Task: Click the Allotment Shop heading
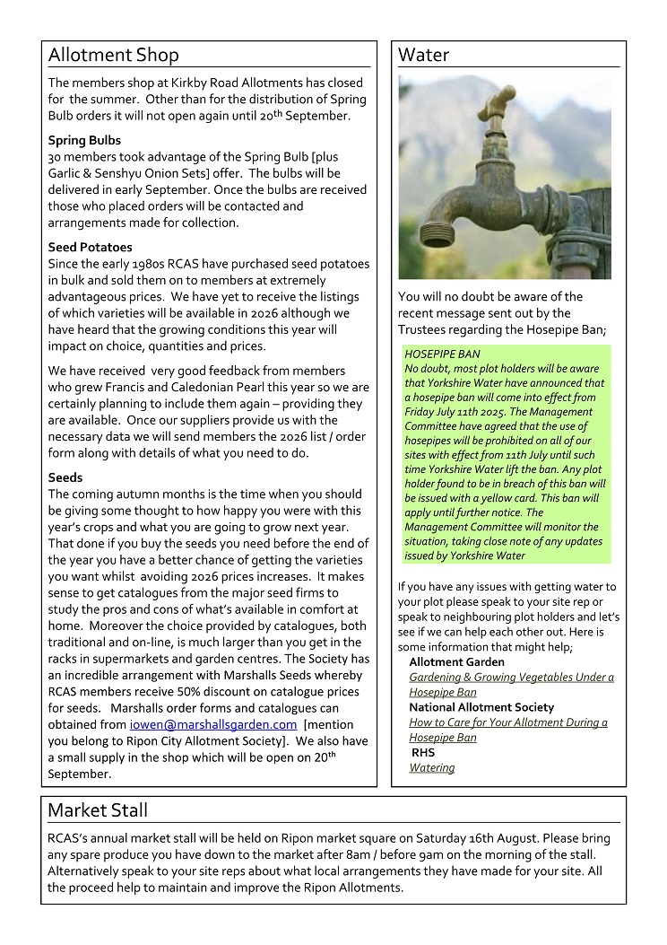(113, 56)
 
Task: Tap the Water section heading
(423, 56)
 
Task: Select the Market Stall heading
(98, 811)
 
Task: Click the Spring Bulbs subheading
(84, 141)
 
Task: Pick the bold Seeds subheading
(65, 477)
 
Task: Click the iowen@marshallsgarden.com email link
(213, 724)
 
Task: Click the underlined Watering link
(431, 768)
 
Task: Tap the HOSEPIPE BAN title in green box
(442, 354)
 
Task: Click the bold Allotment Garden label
(456, 662)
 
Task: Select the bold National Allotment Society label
(481, 707)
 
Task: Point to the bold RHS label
(423, 753)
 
